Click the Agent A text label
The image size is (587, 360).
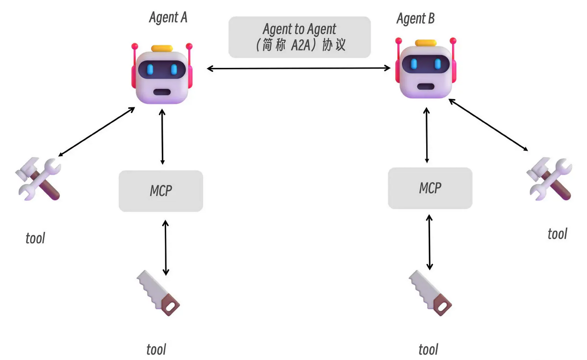click(x=168, y=18)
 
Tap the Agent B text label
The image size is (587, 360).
click(x=415, y=19)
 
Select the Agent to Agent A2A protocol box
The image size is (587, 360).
click(x=300, y=37)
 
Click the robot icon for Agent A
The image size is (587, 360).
click(x=162, y=73)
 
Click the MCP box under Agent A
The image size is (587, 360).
click(x=161, y=191)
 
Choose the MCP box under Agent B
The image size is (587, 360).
click(x=430, y=188)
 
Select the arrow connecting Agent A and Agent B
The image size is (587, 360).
click(x=299, y=68)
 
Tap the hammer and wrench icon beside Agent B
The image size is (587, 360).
click(x=549, y=178)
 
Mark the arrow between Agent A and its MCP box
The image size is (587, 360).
click(x=162, y=137)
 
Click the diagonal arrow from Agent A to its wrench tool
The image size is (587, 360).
click(x=97, y=131)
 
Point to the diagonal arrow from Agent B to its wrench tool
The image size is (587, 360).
click(x=488, y=125)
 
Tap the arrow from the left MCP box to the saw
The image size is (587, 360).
click(x=165, y=247)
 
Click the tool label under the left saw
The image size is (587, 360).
click(x=156, y=349)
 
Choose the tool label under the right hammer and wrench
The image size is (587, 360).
click(x=557, y=233)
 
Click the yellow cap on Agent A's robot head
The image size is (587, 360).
click(x=162, y=48)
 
